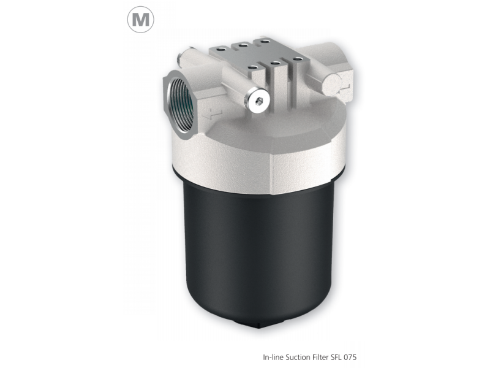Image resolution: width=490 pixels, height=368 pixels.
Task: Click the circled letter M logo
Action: coord(140,20)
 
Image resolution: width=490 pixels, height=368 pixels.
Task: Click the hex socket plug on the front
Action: coord(260,102)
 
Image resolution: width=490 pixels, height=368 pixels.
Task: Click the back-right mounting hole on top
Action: coord(265,41)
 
